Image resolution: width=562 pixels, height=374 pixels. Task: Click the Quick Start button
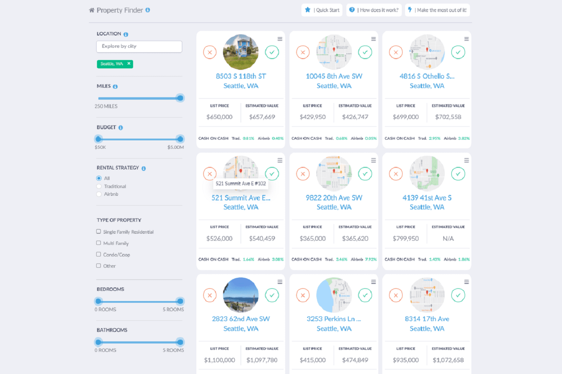pos(322,10)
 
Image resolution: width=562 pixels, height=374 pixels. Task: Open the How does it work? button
pos(374,10)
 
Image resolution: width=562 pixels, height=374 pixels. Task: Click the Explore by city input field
pos(139,46)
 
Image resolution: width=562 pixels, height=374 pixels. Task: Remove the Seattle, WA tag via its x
pos(129,64)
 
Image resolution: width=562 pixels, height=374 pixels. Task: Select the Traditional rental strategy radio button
pos(99,186)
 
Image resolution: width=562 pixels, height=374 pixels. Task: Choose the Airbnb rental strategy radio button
pos(99,194)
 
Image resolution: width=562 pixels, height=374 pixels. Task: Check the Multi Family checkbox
pos(99,243)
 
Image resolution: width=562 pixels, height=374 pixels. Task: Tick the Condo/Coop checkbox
pos(99,254)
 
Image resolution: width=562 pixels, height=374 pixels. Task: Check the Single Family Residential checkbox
pos(99,232)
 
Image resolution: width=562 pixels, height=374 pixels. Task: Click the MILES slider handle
pos(180,98)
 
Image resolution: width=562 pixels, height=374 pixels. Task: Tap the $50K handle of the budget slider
pos(99,139)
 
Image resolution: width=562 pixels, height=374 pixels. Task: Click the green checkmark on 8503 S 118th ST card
pos(272,52)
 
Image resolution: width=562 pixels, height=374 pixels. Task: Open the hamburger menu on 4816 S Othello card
pos(466,39)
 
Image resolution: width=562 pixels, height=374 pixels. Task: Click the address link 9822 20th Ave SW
pos(334,198)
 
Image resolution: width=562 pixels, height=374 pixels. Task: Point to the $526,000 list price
pos(220,239)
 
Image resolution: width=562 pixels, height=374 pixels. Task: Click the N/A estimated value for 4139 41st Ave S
pos(448,239)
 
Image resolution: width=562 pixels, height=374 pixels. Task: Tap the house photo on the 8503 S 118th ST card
pos(241,52)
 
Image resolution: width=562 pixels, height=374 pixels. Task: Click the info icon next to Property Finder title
pos(148,10)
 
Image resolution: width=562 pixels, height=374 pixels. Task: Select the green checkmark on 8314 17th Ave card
pos(458,295)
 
